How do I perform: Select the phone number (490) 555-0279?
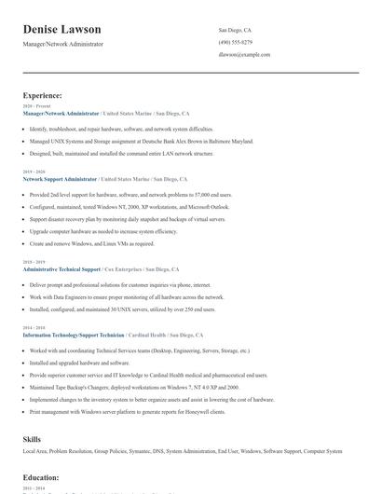click(235, 42)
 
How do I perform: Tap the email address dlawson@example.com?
click(244, 55)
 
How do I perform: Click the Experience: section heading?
click(43, 95)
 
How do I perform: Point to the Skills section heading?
click(33, 438)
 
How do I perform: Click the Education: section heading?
click(41, 476)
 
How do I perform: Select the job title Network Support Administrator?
click(60, 179)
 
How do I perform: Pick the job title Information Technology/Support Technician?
click(74, 334)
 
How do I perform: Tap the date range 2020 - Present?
click(33, 106)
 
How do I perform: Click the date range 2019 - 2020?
click(33, 172)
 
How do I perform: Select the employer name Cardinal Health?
click(147, 334)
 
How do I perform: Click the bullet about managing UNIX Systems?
click(141, 141)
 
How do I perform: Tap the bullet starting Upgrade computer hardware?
click(102, 231)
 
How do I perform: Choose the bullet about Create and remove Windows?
click(91, 243)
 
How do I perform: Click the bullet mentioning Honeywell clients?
click(127, 411)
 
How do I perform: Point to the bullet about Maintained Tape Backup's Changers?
click(127, 387)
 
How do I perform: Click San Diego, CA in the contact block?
click(235, 30)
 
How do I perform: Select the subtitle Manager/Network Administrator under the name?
click(63, 44)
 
